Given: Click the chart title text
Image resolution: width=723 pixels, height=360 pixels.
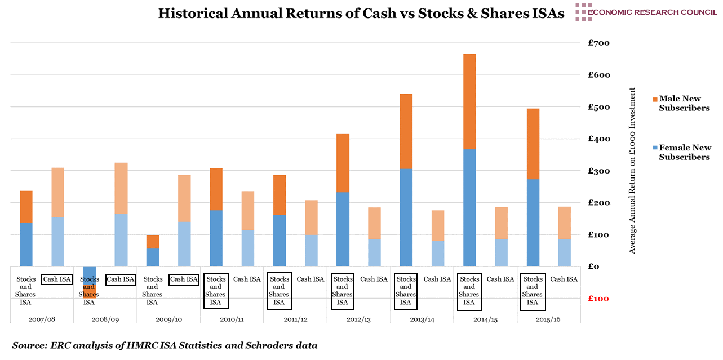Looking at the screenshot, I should point(361,14).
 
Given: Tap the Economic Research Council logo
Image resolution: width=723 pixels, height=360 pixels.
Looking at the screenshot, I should point(645,12).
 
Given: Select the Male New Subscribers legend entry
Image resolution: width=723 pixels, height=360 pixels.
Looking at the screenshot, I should point(684,104).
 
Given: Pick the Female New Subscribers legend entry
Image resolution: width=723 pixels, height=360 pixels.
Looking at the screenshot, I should point(684,152).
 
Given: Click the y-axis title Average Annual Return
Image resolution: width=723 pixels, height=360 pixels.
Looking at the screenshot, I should point(632,171).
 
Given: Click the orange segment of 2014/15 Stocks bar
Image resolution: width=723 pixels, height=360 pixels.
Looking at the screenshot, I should point(469,101).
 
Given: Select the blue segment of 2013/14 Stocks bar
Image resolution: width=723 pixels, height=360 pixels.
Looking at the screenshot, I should point(406,217).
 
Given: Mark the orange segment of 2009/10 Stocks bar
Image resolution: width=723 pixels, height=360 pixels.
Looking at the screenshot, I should point(152,242).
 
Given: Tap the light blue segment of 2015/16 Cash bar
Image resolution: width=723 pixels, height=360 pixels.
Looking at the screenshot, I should point(533,252).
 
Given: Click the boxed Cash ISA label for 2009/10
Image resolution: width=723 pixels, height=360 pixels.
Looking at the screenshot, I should point(184,279).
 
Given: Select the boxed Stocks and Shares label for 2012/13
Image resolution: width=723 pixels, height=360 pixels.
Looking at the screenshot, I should point(343,291).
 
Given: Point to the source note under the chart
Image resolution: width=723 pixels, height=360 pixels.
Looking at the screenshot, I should point(165,345).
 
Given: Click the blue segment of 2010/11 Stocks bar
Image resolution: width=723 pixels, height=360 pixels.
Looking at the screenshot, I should point(216,238).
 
